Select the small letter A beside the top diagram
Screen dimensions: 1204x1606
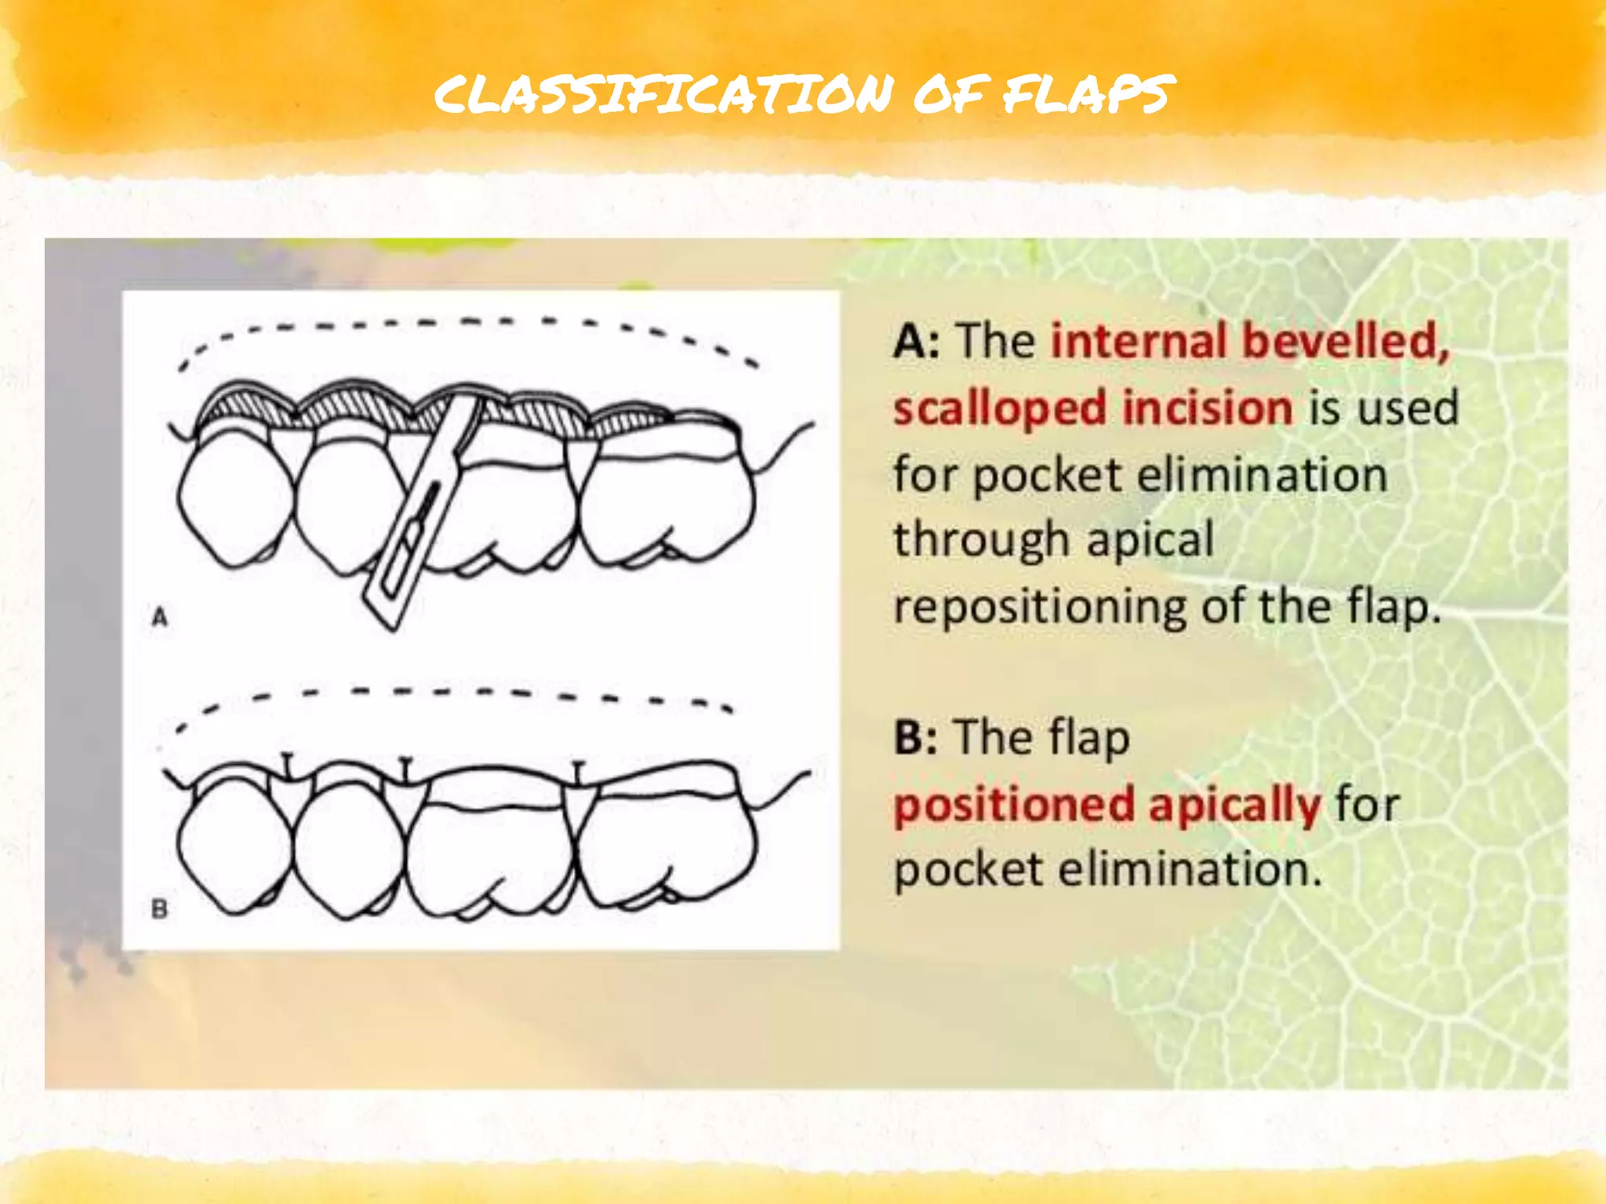tap(160, 617)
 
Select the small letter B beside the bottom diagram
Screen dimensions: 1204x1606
tap(160, 909)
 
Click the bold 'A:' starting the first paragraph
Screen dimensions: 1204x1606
tap(916, 342)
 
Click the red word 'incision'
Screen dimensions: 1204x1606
tap(1207, 409)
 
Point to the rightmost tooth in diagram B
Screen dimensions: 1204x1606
tap(667, 847)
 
